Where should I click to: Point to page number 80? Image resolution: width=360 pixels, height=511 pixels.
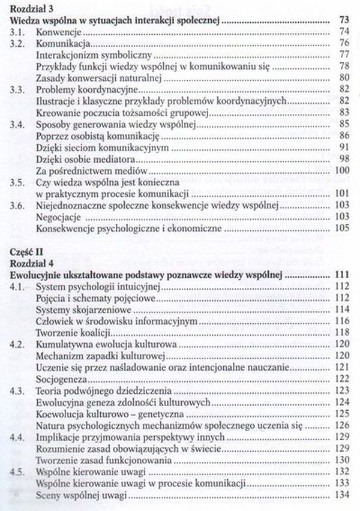click(344, 78)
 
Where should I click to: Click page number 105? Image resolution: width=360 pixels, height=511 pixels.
click(341, 229)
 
